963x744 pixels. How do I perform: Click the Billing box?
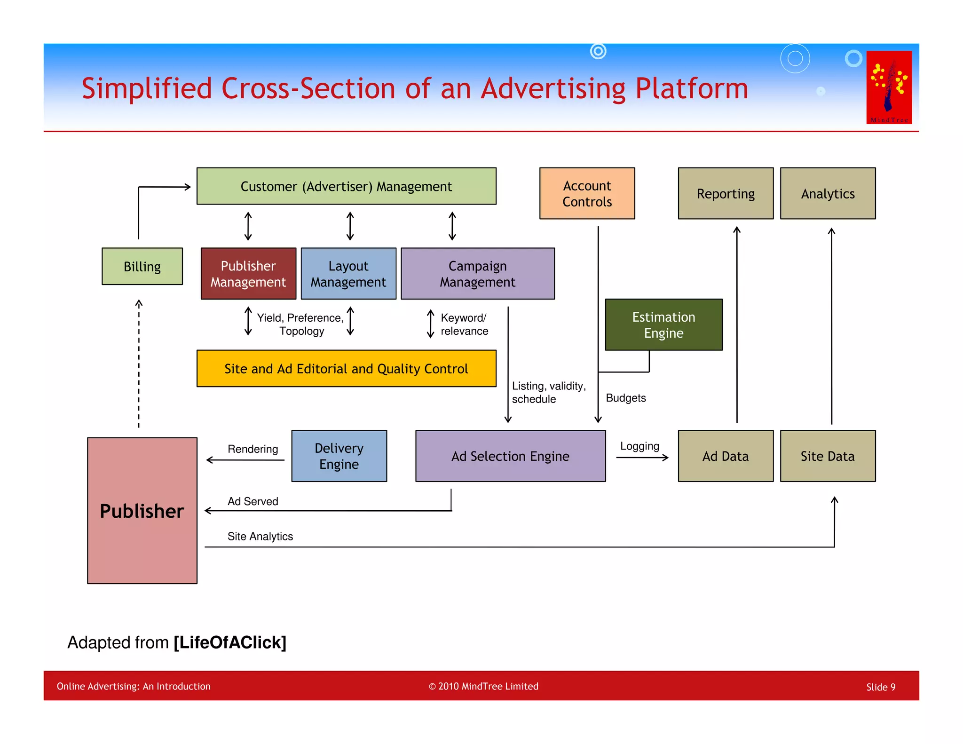pos(142,266)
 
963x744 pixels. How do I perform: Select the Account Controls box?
pos(587,193)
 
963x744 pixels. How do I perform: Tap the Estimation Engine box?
pos(663,325)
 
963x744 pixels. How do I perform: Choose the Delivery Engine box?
pos(339,456)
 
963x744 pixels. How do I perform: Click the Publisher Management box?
pos(248,274)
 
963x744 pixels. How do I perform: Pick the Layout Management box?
pos(348,274)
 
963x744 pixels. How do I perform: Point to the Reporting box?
pos(725,193)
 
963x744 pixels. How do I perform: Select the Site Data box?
pos(827,456)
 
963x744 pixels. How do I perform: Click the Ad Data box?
pos(725,456)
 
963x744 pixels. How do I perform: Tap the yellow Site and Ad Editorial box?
pos(346,368)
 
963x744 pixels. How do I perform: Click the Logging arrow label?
pos(639,446)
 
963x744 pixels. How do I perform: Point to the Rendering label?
pos(253,449)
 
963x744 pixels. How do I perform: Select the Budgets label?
pos(625,398)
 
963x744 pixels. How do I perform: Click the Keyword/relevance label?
pos(464,324)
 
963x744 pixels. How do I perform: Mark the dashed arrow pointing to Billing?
pos(139,364)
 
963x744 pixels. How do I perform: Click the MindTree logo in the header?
pos(889,87)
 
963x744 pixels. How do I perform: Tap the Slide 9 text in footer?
pos(880,687)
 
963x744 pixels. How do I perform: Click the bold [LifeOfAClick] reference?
pos(229,642)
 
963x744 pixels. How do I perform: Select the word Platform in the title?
pos(691,88)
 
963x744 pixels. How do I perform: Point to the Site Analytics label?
pos(260,536)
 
